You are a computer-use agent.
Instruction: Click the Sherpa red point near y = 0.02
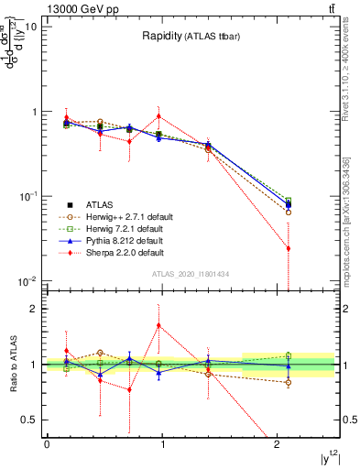coord(289,248)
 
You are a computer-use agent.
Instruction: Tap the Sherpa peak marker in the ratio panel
coord(159,325)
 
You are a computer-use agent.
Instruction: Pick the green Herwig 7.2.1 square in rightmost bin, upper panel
coord(289,201)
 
